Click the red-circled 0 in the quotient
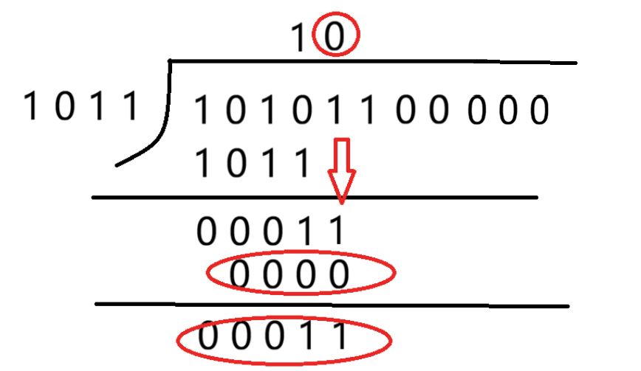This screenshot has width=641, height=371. coord(335,37)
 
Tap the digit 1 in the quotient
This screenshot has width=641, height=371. coord(298,38)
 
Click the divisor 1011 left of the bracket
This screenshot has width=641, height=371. coord(81,106)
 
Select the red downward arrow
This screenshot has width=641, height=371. coord(342,170)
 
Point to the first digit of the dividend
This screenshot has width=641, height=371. coord(201,110)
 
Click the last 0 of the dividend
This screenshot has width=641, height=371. coord(539,110)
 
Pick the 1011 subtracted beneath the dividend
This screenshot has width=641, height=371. coord(253,163)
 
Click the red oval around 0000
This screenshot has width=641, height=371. coord(301,272)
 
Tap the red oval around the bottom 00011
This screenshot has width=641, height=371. coord(284,340)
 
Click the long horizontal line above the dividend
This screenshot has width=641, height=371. coord(373,62)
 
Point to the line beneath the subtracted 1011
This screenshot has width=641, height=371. coord(315,198)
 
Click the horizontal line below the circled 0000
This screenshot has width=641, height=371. coord(332,305)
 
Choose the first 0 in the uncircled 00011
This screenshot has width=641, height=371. coord(207,231)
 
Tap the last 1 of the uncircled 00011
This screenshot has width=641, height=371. coord(338,231)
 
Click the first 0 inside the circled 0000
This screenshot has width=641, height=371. coord(239,274)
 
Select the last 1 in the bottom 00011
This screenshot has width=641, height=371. coord(340,336)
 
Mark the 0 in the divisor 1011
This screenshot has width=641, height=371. coord(66,105)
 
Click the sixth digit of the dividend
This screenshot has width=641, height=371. coord(369,110)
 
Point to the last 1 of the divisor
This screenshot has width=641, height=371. coord(131,105)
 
